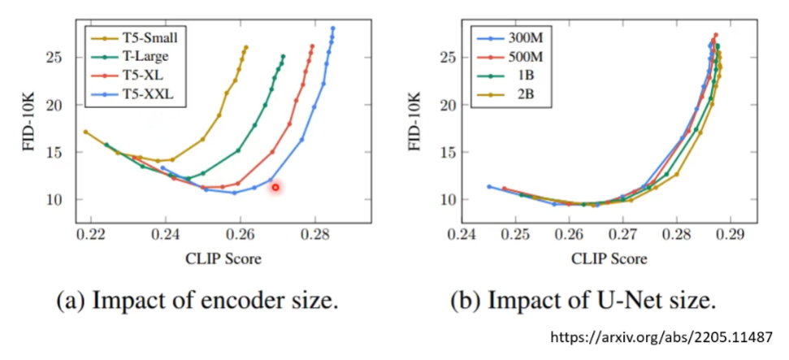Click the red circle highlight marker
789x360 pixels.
point(275,187)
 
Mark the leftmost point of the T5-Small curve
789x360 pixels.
point(85,132)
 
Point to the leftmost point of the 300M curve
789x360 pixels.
point(488,186)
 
